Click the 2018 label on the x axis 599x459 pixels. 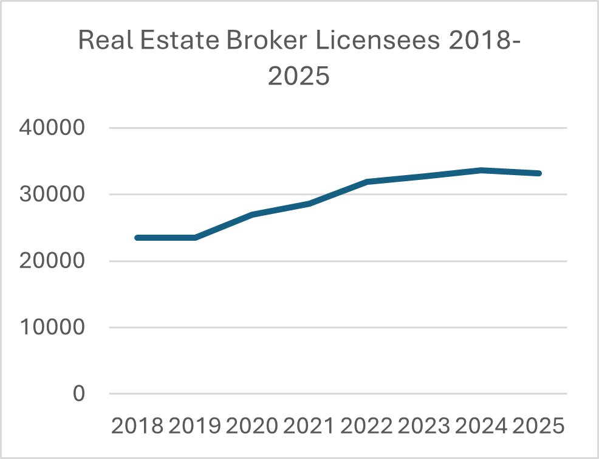coord(137,426)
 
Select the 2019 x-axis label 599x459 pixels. coord(194,426)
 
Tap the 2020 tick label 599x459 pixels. coord(252,426)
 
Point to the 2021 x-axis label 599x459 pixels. coord(309,426)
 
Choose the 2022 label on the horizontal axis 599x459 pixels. coord(366,426)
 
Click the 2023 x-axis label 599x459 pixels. coord(423,426)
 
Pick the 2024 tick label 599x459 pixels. coord(481,426)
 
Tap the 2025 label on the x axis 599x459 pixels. coord(538,426)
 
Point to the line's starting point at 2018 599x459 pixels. coord(137,238)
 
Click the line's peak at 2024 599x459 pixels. coord(481,170)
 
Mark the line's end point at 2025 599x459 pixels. coord(538,173)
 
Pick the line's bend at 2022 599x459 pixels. coord(366,181)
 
